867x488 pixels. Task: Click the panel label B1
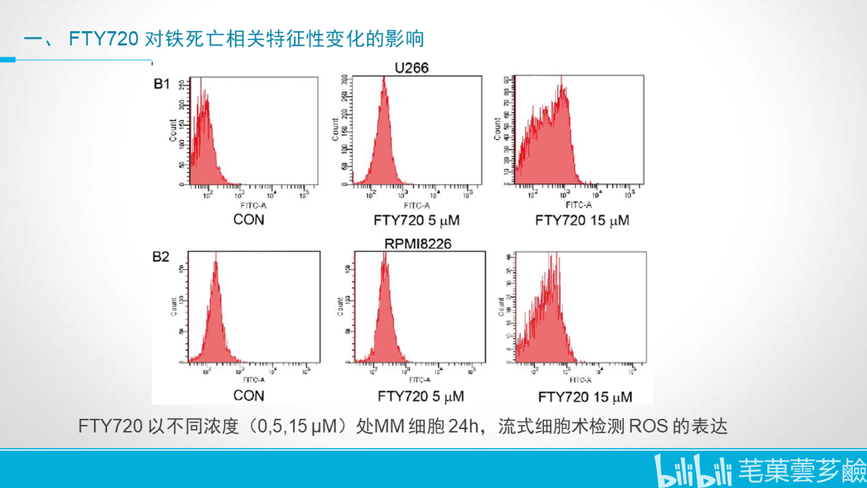click(x=161, y=84)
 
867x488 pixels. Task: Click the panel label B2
click(x=161, y=257)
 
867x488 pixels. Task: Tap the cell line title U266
click(x=411, y=68)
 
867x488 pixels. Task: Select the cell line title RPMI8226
click(x=417, y=244)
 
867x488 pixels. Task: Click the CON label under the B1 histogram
click(x=249, y=220)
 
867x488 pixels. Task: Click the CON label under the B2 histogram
click(x=249, y=396)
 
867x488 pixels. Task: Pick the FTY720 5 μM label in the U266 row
click(x=417, y=220)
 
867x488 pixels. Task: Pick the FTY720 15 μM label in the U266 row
click(x=582, y=220)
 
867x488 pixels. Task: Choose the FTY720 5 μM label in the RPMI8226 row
click(x=420, y=396)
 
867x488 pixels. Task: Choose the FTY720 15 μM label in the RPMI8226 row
click(x=585, y=397)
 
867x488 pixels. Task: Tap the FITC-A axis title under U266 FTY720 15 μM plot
click(x=579, y=205)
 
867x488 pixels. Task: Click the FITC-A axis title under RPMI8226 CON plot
click(x=254, y=380)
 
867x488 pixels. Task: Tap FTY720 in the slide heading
click(x=103, y=39)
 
